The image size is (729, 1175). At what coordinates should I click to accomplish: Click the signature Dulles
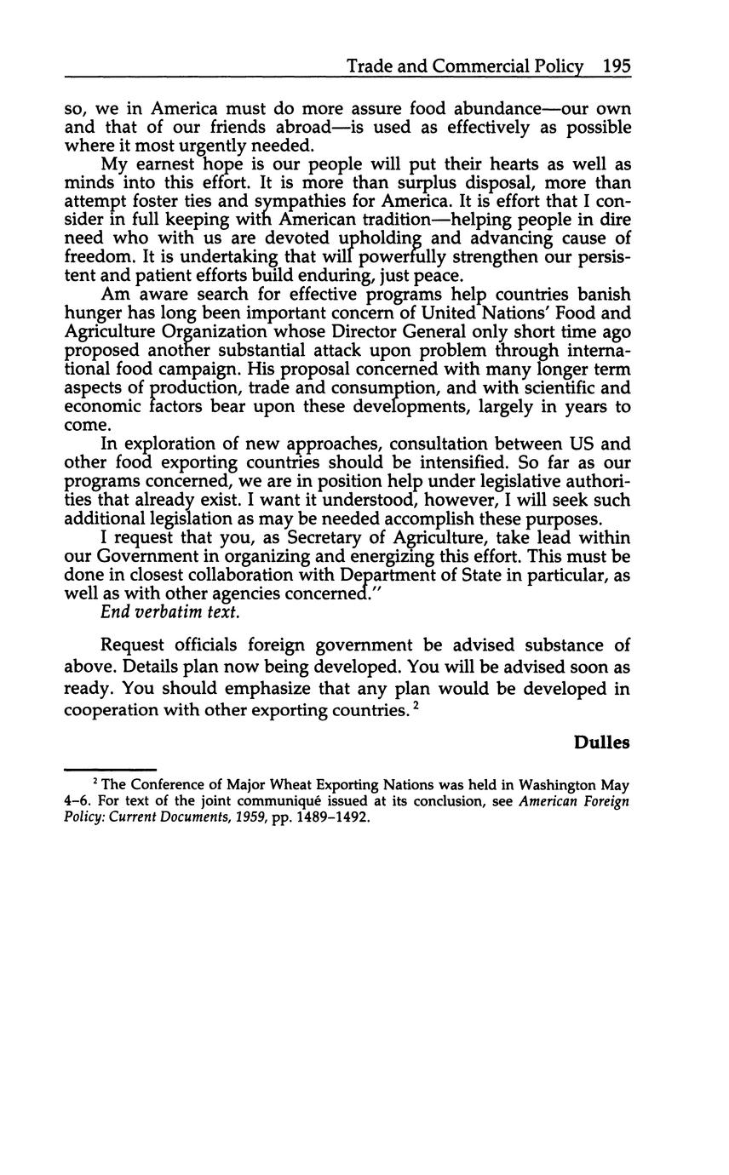coord(601,742)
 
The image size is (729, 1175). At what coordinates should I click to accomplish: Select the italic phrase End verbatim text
coord(170,612)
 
